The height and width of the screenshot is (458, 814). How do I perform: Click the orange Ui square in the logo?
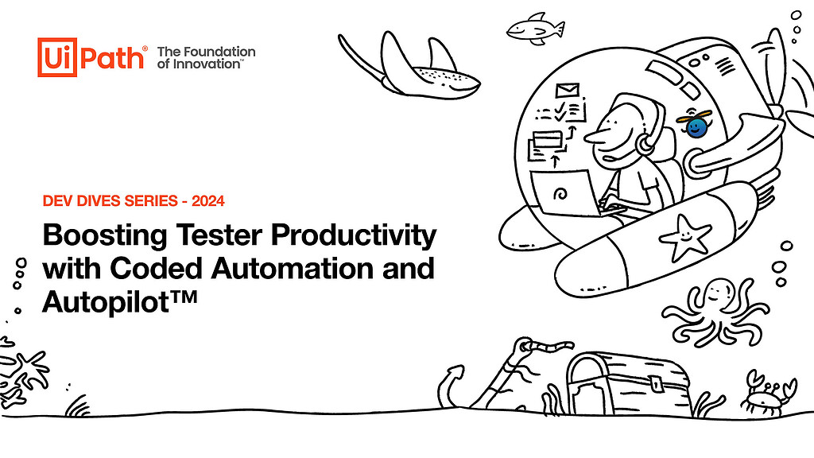(57, 57)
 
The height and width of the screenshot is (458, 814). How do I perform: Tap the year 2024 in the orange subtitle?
(208, 201)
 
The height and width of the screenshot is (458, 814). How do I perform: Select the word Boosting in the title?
(105, 236)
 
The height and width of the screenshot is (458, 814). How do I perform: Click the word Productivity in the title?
(354, 236)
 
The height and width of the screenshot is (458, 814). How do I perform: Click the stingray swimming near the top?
(409, 67)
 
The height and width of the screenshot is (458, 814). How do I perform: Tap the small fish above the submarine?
(535, 29)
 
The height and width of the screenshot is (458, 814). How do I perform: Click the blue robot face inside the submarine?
(695, 126)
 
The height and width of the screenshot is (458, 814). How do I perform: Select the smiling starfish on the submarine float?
(685, 236)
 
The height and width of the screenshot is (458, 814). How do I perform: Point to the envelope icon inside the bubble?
(567, 91)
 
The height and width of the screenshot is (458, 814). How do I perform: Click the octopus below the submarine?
(715, 311)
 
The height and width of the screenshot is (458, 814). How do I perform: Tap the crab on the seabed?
(768, 394)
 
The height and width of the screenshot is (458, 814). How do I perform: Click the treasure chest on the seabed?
(628, 382)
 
